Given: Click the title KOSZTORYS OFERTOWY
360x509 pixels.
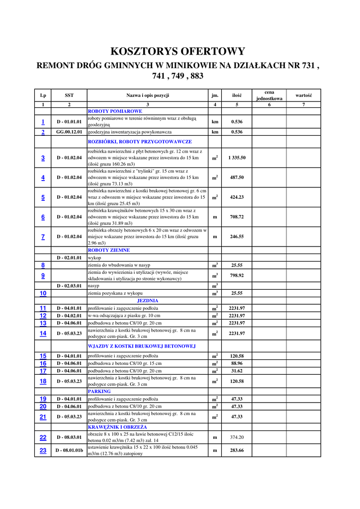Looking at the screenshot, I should point(178,52).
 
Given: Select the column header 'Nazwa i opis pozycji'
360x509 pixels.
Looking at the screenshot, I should point(148,95).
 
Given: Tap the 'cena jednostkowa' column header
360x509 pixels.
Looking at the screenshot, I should point(269,95).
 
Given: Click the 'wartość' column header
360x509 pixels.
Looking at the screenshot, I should point(303,95).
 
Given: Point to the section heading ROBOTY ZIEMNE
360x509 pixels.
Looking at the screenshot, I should point(109,250).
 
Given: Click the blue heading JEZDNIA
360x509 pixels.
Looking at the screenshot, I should point(148,301).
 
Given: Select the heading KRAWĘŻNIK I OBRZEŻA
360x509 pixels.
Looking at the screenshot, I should point(117,427).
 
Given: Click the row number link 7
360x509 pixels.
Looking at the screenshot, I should point(43,237).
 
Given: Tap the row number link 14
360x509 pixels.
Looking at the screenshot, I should point(43,333).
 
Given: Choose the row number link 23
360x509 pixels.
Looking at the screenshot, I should point(43,450).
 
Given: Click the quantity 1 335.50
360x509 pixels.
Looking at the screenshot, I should point(237,158).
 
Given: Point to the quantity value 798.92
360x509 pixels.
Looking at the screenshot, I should point(237,275).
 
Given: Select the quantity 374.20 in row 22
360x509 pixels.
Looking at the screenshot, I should point(237,437).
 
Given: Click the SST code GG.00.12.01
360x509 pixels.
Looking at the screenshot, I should point(69,132).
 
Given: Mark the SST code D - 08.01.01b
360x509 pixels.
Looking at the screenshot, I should point(69,450).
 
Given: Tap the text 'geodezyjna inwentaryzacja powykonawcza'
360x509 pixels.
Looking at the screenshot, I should point(130,132).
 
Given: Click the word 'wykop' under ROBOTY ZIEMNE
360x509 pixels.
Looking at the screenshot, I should point(94,258).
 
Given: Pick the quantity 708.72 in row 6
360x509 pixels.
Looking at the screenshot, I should point(237,217).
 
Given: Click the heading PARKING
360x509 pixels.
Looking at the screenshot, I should point(99,391).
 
